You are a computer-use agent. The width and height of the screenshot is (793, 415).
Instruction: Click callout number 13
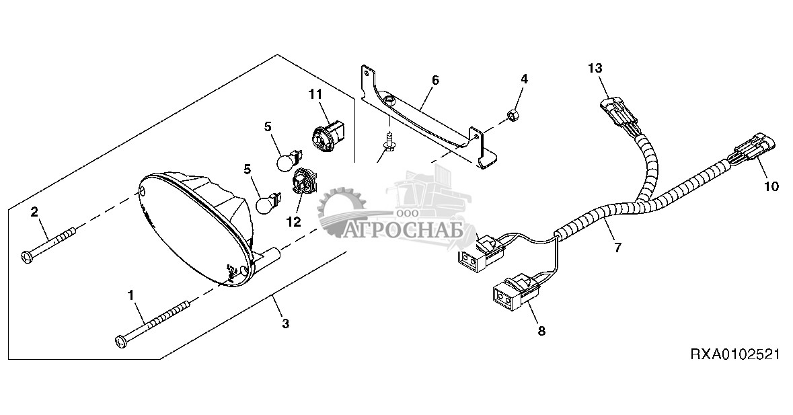coord(595,68)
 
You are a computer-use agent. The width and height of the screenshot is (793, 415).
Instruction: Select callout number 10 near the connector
coord(771,186)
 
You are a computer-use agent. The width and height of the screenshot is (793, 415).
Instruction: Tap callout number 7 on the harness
coord(617,247)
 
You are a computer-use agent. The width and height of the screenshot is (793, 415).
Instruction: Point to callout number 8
coord(542,330)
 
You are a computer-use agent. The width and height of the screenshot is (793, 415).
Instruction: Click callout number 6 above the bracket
coord(435,80)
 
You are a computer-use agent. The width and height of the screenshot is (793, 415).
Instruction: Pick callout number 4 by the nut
coord(524,79)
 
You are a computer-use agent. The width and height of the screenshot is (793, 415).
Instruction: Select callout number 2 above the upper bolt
coord(34,213)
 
